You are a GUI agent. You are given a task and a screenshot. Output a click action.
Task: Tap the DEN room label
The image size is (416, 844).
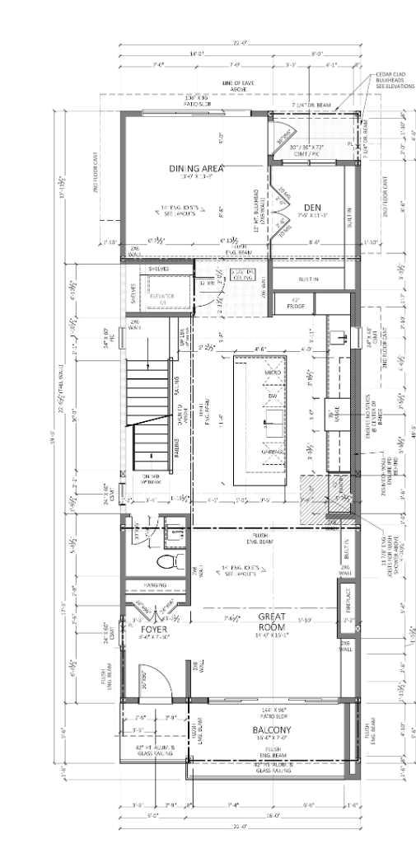(311, 207)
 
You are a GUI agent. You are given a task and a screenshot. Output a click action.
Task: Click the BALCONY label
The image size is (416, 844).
(269, 730)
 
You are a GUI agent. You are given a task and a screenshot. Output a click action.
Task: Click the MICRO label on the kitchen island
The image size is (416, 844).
(272, 373)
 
